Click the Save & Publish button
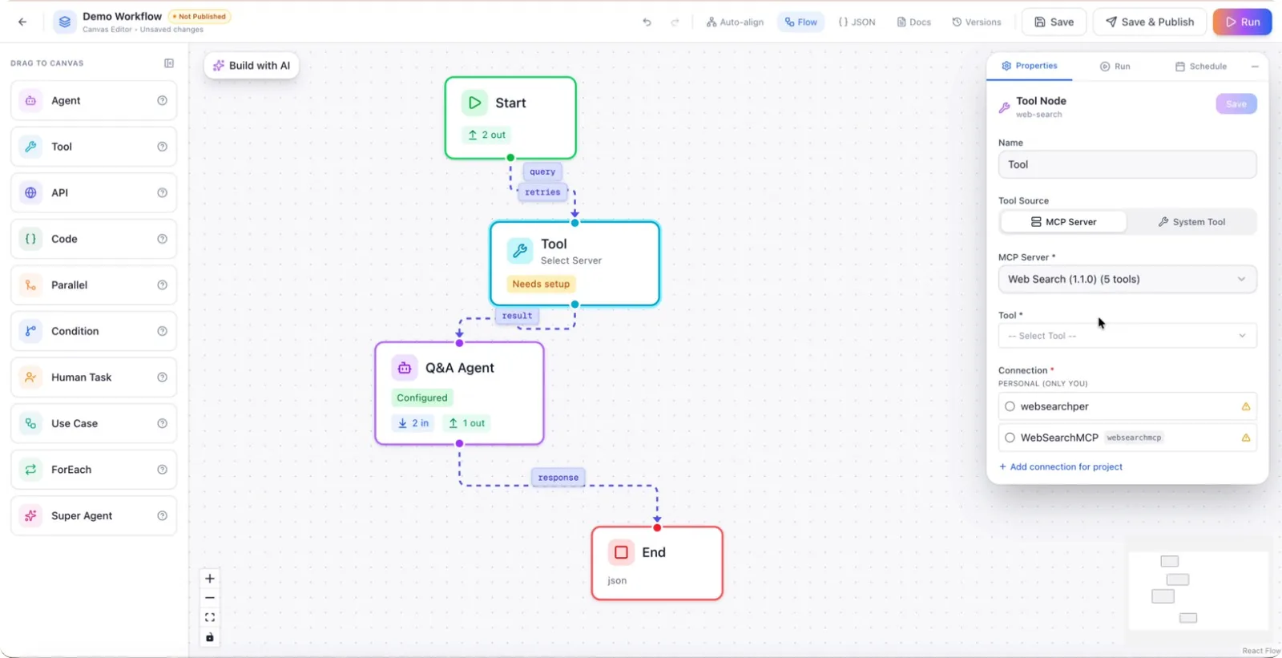tap(1149, 22)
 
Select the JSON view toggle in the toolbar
tap(857, 22)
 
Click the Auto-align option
tap(735, 22)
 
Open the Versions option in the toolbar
tap(977, 22)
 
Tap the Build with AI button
tap(252, 65)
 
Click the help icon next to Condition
tap(162, 331)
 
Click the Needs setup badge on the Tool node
tap(541, 284)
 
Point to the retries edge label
tap(542, 192)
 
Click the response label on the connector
tap(558, 477)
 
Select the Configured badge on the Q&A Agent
tap(422, 398)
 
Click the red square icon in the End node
tap(621, 552)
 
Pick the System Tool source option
tap(1191, 222)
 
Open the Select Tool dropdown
tap(1127, 336)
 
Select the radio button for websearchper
tap(1010, 406)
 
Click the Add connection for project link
tap(1061, 466)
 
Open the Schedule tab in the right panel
tap(1201, 67)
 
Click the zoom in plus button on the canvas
tap(209, 579)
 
